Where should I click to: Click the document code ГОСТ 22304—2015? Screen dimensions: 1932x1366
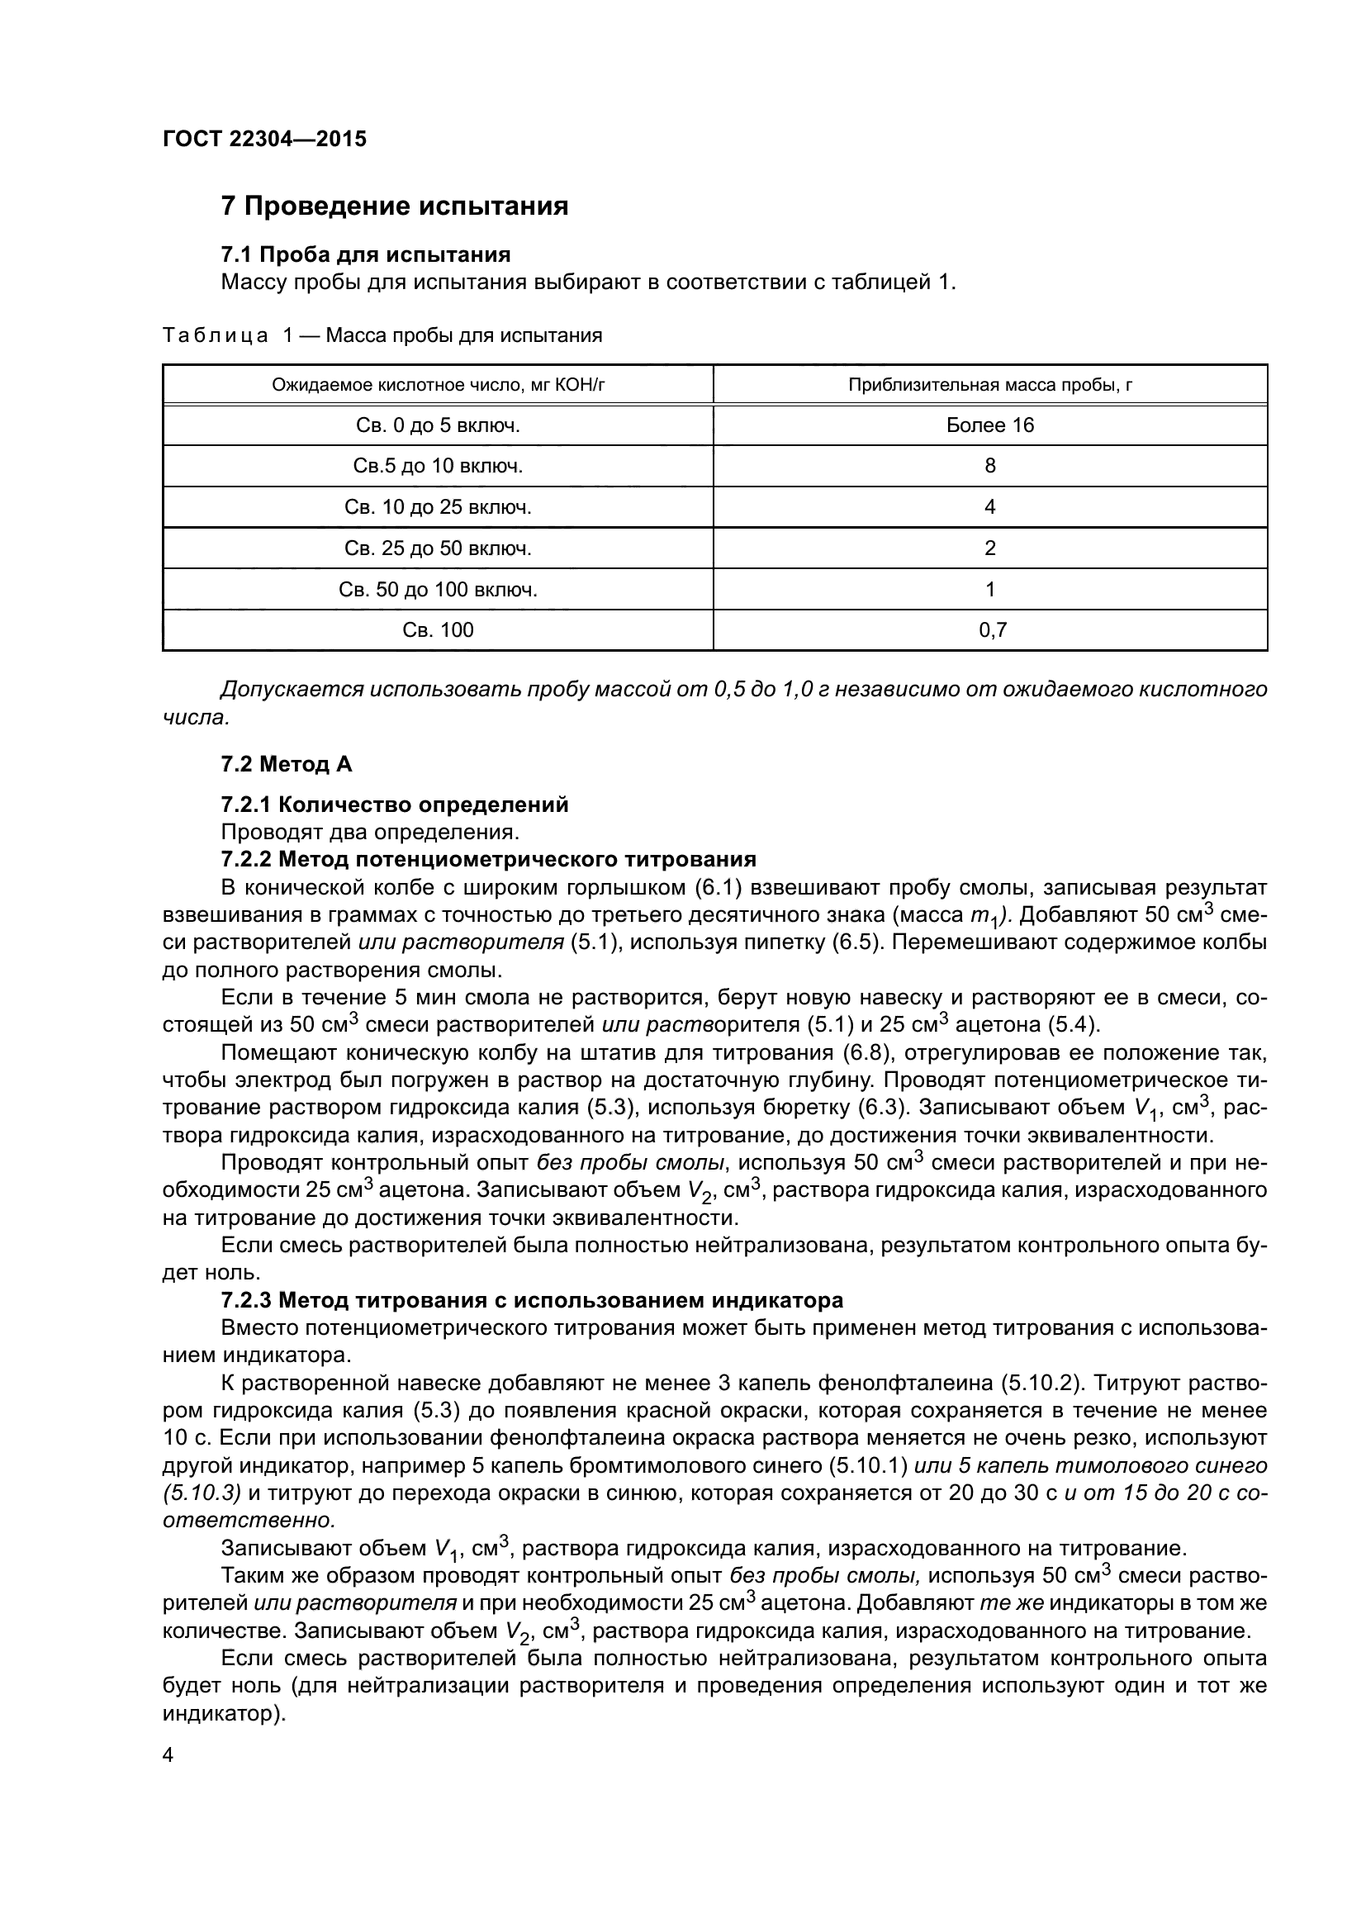[x=264, y=139]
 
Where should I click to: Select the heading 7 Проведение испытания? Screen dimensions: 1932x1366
[x=395, y=206]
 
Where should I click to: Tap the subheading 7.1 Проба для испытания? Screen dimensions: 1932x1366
[x=366, y=254]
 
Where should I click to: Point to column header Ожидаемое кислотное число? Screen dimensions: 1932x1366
[x=439, y=386]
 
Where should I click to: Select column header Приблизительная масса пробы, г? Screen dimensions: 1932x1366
[x=990, y=386]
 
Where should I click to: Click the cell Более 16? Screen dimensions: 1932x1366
[x=990, y=425]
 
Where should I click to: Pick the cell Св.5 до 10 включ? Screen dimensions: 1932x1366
[x=439, y=466]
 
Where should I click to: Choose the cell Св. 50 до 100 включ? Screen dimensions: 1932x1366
[x=439, y=590]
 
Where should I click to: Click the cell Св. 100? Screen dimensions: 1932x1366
[x=439, y=630]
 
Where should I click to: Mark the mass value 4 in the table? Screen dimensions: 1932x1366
[x=990, y=507]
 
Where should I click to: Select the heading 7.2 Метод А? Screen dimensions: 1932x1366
[x=287, y=764]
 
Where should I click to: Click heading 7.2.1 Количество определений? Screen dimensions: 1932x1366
[x=395, y=805]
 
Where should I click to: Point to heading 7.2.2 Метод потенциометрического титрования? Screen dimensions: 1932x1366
[x=489, y=859]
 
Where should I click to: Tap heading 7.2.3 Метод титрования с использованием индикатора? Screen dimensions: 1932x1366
[x=532, y=1300]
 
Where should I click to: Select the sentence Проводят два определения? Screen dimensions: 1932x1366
[x=370, y=833]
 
